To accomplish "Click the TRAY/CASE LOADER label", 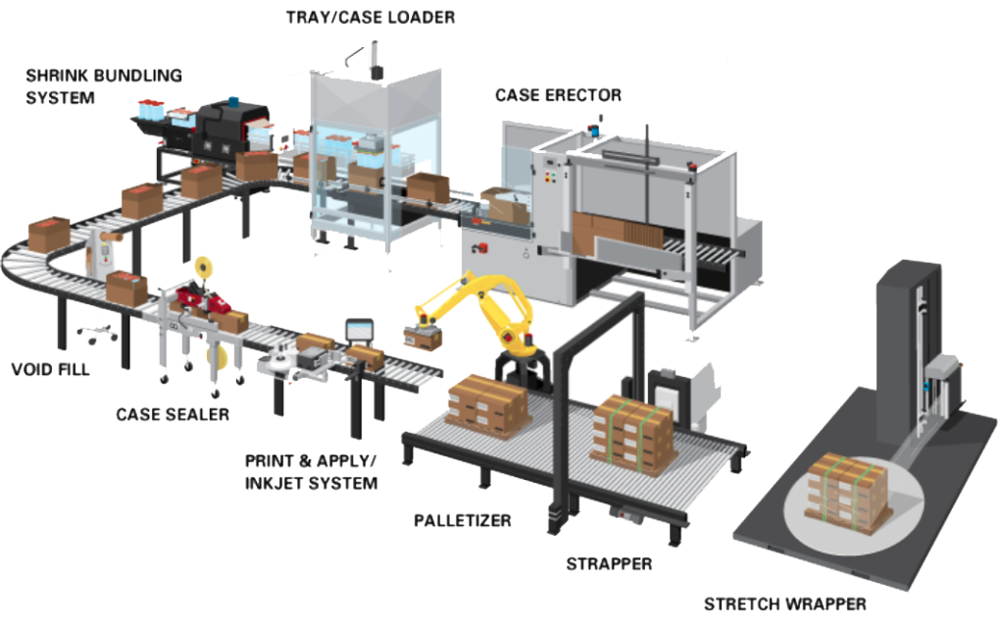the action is click(370, 18).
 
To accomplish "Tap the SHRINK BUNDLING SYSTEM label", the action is click(104, 86).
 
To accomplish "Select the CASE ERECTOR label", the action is click(558, 95).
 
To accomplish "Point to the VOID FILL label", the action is click(51, 370).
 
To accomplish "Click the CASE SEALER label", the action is click(173, 414).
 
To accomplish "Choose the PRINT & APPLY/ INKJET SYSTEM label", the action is click(311, 472).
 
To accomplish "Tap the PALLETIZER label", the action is click(463, 520).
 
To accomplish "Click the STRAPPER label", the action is click(609, 563).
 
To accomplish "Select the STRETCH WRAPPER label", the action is click(785, 605).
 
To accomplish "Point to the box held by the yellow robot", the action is click(423, 339).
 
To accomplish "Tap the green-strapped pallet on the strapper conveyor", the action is click(633, 435).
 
